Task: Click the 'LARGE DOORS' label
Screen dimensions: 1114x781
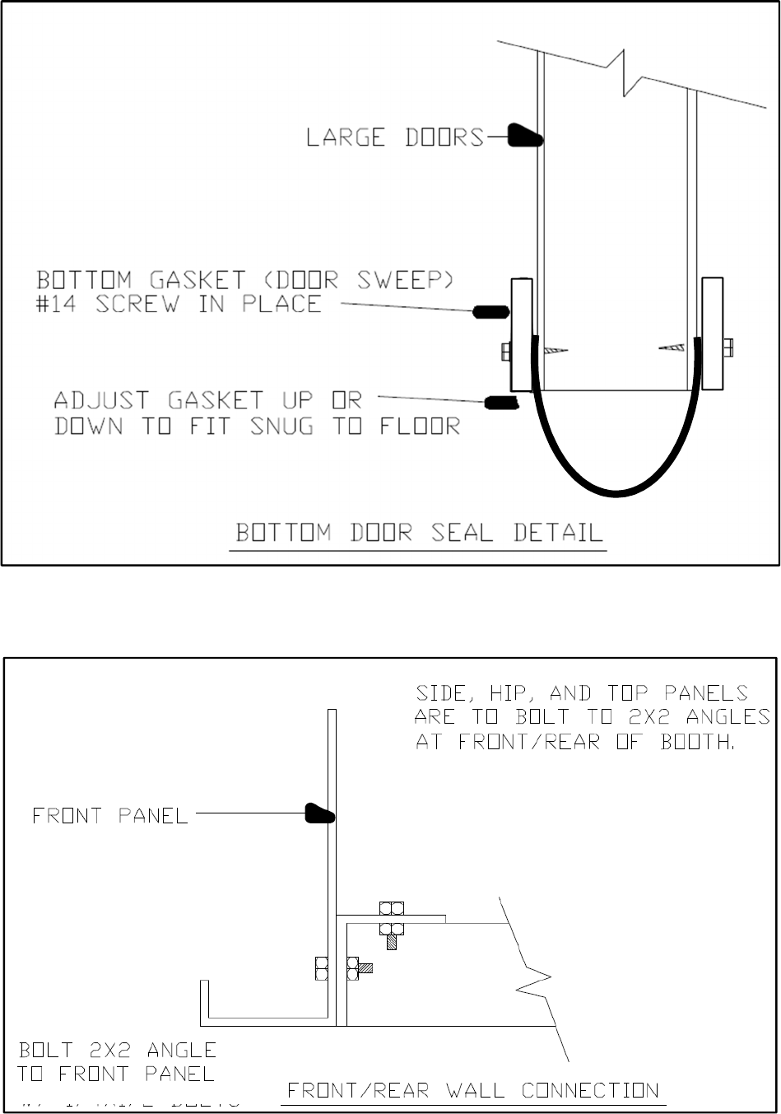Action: coord(395,137)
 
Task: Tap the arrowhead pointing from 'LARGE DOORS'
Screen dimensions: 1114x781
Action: coord(523,136)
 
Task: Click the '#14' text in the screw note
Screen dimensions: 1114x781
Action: coord(67,304)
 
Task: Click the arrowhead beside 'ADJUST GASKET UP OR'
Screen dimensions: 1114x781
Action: coord(500,402)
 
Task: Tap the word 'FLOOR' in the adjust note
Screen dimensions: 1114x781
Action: coord(420,426)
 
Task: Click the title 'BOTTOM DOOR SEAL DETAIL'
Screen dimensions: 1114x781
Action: coord(419,532)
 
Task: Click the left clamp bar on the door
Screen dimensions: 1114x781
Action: coord(522,334)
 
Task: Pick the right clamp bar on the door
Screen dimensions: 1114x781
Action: coord(713,333)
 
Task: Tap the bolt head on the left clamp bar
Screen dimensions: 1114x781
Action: coord(505,352)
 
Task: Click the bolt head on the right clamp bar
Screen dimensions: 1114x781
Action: coord(729,347)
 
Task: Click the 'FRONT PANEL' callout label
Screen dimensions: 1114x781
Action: coord(109,816)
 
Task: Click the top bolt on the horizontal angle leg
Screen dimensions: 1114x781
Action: coord(392,909)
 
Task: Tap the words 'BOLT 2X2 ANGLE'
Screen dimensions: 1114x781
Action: coord(118,1050)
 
